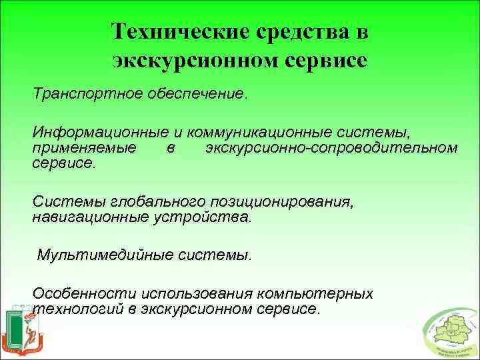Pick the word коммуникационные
pyautogui.click(x=249, y=133)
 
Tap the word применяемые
pyautogui.click(x=75, y=147)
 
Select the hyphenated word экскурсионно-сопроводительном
pyautogui.click(x=332, y=147)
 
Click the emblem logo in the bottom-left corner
pyautogui.click(x=24, y=331)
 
